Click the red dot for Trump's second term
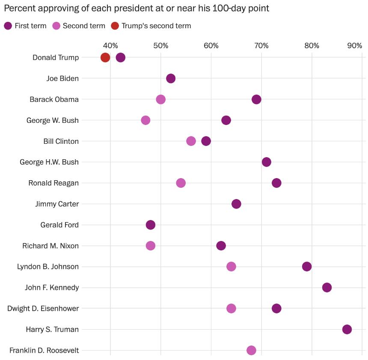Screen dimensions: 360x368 click(x=105, y=57)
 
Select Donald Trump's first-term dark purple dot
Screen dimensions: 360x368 click(x=121, y=57)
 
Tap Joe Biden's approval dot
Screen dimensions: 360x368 click(x=171, y=78)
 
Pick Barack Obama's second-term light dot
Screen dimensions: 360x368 click(x=161, y=99)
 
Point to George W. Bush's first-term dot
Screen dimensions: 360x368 click(x=226, y=120)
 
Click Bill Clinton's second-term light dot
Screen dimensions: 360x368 click(x=191, y=141)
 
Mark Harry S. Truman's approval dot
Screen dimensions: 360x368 click(x=347, y=329)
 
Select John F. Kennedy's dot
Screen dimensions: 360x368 click(x=327, y=287)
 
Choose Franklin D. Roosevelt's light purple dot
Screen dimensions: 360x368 click(x=252, y=350)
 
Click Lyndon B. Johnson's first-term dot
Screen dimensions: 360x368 click(x=307, y=267)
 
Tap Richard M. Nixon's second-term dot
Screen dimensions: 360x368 click(x=151, y=246)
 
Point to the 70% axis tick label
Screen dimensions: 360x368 click(x=261, y=46)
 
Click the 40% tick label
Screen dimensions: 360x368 click(x=110, y=46)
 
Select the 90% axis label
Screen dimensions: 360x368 click(x=355, y=46)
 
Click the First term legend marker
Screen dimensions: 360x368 click(x=8, y=26)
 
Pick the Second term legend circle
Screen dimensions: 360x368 click(x=56, y=26)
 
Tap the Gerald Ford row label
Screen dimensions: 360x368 click(x=59, y=225)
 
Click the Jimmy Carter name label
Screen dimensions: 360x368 click(x=57, y=204)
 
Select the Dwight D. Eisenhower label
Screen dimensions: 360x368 click(x=43, y=308)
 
